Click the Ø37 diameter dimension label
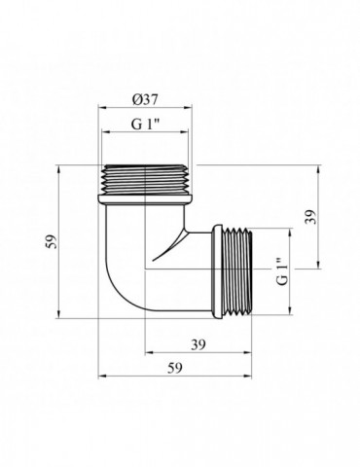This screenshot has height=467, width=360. tap(145, 99)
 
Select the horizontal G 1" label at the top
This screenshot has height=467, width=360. tap(146, 124)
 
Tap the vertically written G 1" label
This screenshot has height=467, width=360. tap(282, 271)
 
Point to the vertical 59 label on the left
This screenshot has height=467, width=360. tap(52, 241)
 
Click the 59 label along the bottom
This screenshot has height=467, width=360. tap(175, 368)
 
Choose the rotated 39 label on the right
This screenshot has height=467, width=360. tap(310, 216)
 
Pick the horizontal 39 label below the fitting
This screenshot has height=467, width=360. tap(198, 344)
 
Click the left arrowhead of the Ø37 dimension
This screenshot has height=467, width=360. tap(102, 108)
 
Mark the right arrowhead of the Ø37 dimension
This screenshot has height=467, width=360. tap(188, 108)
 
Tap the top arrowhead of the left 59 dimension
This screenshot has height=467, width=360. tap(58, 169)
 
